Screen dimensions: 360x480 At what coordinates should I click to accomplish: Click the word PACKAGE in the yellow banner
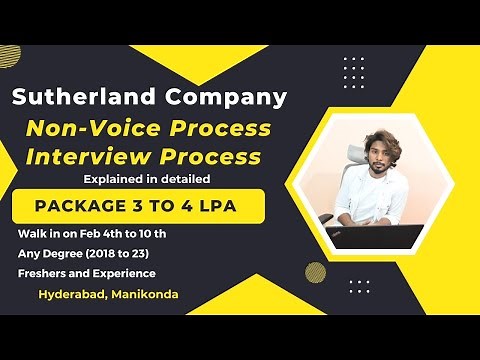point(79,208)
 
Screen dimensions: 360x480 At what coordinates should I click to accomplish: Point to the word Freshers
point(44,273)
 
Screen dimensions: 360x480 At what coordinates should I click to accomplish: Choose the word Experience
point(124,273)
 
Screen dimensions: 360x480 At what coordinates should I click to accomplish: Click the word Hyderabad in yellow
point(74,295)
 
